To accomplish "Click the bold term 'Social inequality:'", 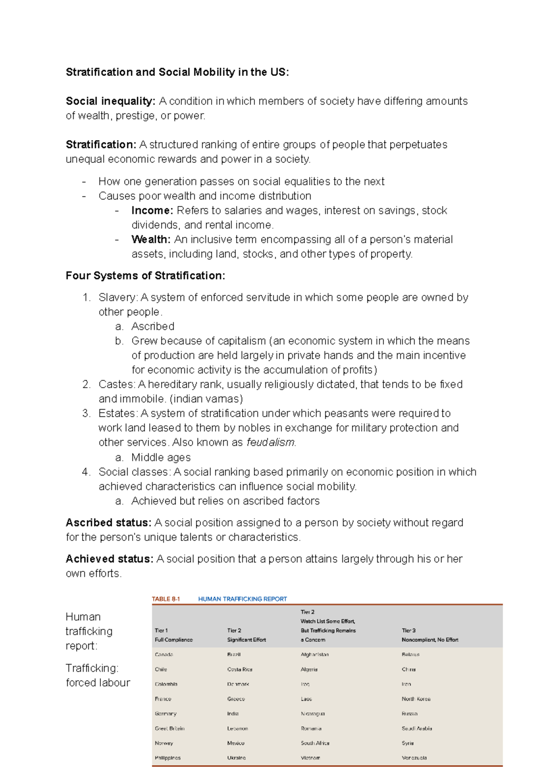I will coord(110,101).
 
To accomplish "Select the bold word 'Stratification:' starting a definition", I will coord(101,145).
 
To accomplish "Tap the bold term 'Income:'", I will coord(152,210).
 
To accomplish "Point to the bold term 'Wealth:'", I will coord(151,240).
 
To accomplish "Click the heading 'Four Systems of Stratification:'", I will coord(145,276).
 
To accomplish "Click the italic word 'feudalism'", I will coord(271,442).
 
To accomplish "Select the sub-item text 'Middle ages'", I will coord(161,457).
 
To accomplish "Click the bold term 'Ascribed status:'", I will coord(109,523).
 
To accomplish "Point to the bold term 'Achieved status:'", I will coord(109,559).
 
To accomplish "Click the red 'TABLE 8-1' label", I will coord(166,599).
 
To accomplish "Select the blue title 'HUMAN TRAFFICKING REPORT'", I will coord(243,599).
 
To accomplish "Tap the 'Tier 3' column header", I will coord(408,630).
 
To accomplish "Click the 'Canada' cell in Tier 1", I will coord(164,655).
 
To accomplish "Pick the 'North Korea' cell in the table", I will coord(416,699).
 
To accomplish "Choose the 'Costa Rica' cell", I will coord(240,670).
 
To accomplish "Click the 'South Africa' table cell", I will coord(315,743).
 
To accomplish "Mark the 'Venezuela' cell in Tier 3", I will coord(414,758).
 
